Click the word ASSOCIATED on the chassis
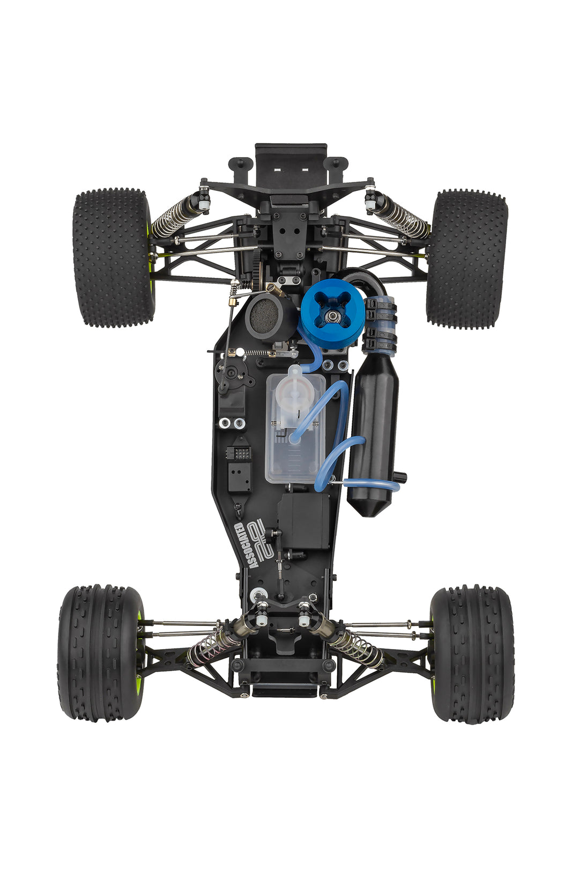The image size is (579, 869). (246, 545)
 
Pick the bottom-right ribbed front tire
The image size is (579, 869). (472, 653)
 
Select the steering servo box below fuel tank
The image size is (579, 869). (303, 520)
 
